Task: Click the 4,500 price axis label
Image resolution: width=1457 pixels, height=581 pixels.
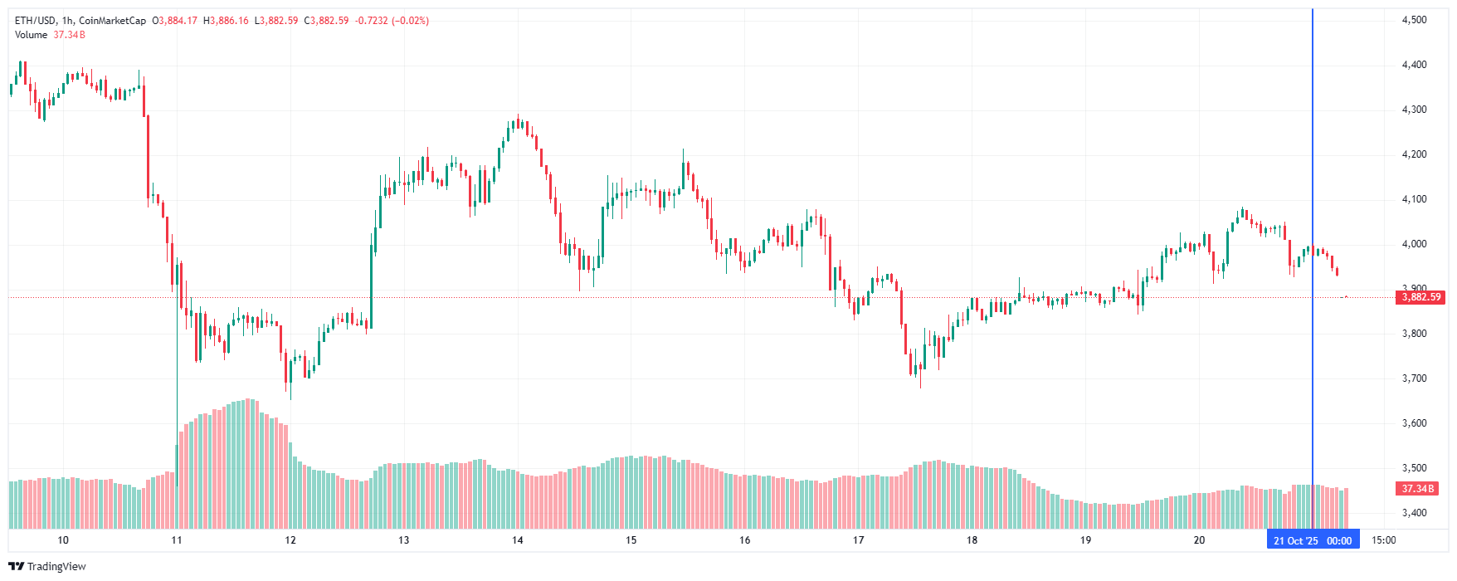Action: (x=1414, y=20)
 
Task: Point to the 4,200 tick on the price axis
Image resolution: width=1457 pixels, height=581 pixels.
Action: (x=1414, y=154)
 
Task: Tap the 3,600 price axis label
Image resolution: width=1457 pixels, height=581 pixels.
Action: (x=1414, y=423)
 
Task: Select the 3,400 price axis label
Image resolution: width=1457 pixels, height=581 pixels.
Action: (x=1414, y=513)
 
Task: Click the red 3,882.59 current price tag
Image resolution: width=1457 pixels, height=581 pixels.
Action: (x=1421, y=297)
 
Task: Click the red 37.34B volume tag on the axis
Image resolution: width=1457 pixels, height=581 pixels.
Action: (x=1418, y=489)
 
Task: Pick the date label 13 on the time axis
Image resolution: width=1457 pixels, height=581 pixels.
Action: (x=403, y=540)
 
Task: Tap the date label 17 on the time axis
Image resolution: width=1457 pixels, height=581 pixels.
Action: (x=858, y=540)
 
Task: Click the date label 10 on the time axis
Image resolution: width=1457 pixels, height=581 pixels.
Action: (x=63, y=540)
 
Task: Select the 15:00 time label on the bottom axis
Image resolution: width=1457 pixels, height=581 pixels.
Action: (x=1383, y=540)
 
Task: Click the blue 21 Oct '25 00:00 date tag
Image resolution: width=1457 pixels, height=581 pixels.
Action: (x=1313, y=541)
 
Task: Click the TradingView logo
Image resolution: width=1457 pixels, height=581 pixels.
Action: (x=47, y=567)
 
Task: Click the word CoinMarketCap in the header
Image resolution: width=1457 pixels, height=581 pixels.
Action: (x=112, y=21)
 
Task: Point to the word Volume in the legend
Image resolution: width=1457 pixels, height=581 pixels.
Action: (x=31, y=35)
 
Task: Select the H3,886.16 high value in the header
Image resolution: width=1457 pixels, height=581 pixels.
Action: (x=226, y=21)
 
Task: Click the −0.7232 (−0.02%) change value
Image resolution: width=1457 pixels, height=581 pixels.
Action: (x=392, y=21)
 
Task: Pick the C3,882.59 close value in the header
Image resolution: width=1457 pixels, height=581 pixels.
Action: (x=326, y=21)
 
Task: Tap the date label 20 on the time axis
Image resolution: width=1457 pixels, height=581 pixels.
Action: (x=1199, y=540)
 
